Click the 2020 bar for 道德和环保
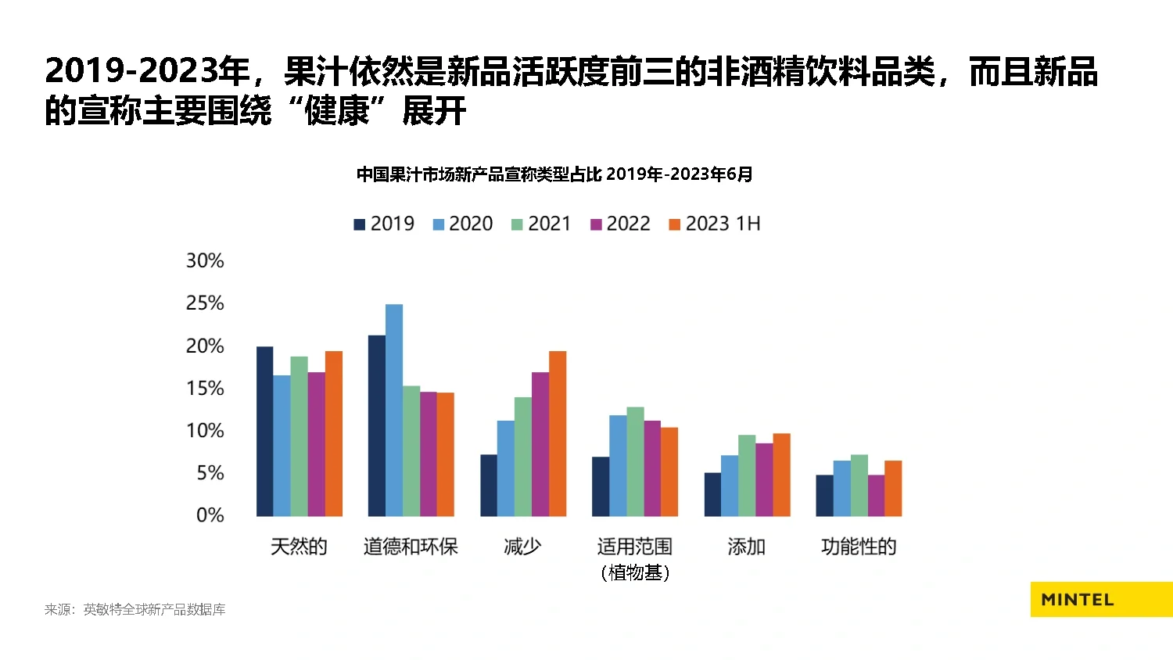[x=394, y=410]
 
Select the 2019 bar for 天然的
[x=265, y=431]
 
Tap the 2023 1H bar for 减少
[x=558, y=433]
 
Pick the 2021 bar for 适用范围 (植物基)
[x=635, y=461]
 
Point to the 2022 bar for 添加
[x=764, y=479]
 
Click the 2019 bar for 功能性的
[x=824, y=495]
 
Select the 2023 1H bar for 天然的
[x=334, y=433]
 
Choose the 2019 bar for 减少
[x=489, y=485]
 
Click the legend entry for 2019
[x=384, y=224]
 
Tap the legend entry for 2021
[x=541, y=224]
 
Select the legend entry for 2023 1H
[x=714, y=224]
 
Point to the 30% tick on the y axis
[x=205, y=261]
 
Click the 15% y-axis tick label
[x=205, y=389]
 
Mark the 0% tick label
[x=210, y=515]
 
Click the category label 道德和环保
[x=411, y=547]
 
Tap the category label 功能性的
[x=859, y=547]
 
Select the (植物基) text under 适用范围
[x=635, y=573]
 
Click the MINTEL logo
[x=1078, y=600]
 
